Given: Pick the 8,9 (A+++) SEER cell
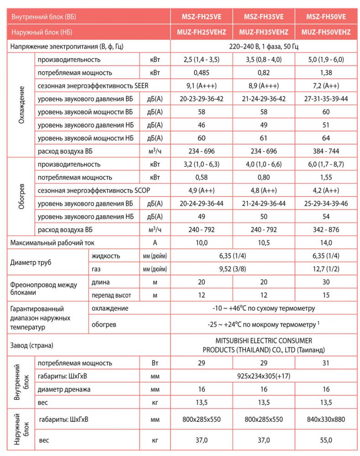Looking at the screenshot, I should tap(263, 86).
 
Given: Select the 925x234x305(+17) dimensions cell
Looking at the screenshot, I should tap(263, 376).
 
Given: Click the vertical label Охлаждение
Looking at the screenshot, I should tap(21, 105).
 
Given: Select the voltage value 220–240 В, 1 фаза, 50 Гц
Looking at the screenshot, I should tap(263, 47).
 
